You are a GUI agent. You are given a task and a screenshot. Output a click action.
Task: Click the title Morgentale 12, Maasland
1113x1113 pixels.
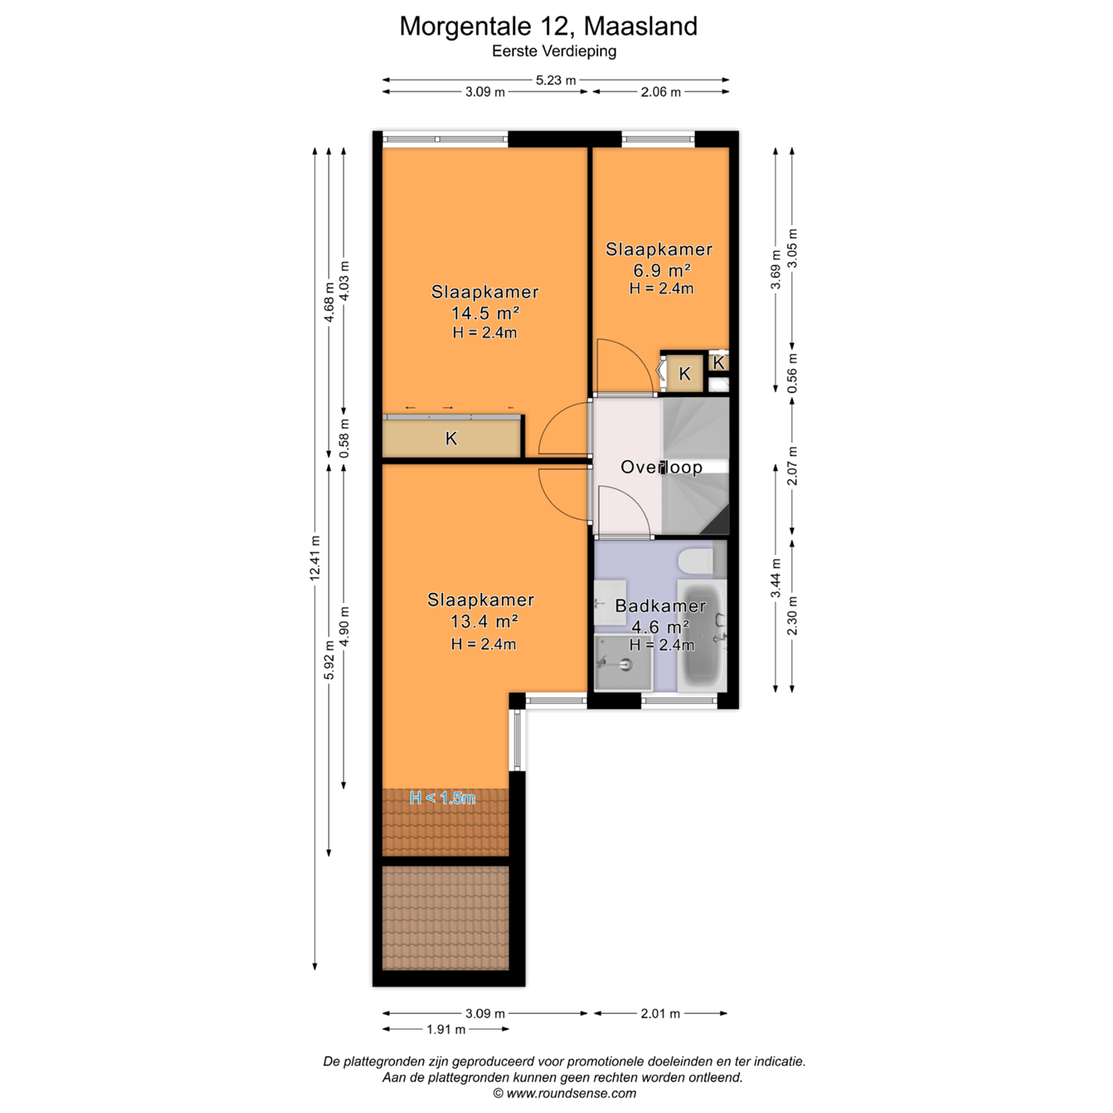coord(548,26)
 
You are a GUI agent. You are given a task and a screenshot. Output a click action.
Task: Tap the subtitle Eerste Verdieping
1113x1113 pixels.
coord(554,52)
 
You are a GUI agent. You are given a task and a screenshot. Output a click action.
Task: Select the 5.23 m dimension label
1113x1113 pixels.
coord(556,80)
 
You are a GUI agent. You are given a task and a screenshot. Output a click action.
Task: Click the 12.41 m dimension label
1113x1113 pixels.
coord(315,558)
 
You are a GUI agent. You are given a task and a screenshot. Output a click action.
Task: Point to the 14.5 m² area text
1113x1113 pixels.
coord(485,313)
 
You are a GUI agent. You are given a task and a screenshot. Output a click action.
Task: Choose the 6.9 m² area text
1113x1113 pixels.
coord(662,270)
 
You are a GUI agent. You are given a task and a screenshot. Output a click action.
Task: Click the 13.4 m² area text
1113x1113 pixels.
coord(484,621)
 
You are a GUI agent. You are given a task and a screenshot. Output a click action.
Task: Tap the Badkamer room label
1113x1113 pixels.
coord(660,606)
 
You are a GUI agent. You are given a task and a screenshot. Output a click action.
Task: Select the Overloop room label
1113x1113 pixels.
coord(662,467)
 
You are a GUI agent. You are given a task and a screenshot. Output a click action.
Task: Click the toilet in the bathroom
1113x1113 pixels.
coord(696,561)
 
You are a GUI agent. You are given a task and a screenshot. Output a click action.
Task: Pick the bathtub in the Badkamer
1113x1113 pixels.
coord(702,636)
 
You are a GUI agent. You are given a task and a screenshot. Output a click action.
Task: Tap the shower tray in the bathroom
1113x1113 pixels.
coord(623,662)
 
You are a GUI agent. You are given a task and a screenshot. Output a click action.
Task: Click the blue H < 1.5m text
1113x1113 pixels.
coord(442,798)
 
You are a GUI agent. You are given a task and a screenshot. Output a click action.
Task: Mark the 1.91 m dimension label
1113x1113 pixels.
coord(445,1029)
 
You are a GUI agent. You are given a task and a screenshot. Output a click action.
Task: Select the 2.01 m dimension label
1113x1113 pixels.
coord(660,1013)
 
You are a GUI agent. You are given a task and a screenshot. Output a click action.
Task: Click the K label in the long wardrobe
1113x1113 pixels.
coord(451,439)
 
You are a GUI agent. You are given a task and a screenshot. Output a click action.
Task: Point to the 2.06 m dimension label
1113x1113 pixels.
coord(661,92)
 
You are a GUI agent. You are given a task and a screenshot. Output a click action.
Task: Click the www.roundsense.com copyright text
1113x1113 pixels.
coord(564,1094)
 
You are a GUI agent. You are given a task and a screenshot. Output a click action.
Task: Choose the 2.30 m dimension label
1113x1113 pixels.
coord(792,616)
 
